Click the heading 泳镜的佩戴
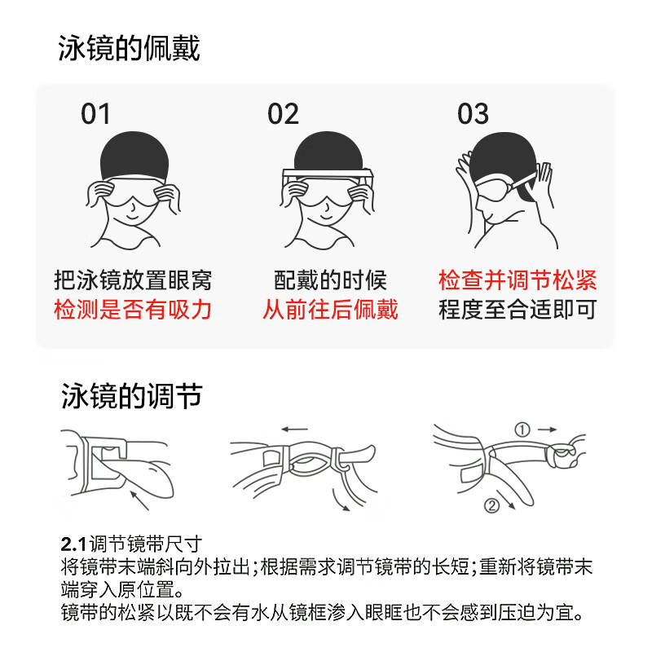129,48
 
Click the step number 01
95,114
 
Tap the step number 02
283,114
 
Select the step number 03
473,114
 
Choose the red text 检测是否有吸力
133,310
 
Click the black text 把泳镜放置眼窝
133,281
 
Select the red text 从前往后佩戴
330,310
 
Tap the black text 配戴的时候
330,281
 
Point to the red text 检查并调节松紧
518,281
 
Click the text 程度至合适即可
518,310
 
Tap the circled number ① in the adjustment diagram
522,429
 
